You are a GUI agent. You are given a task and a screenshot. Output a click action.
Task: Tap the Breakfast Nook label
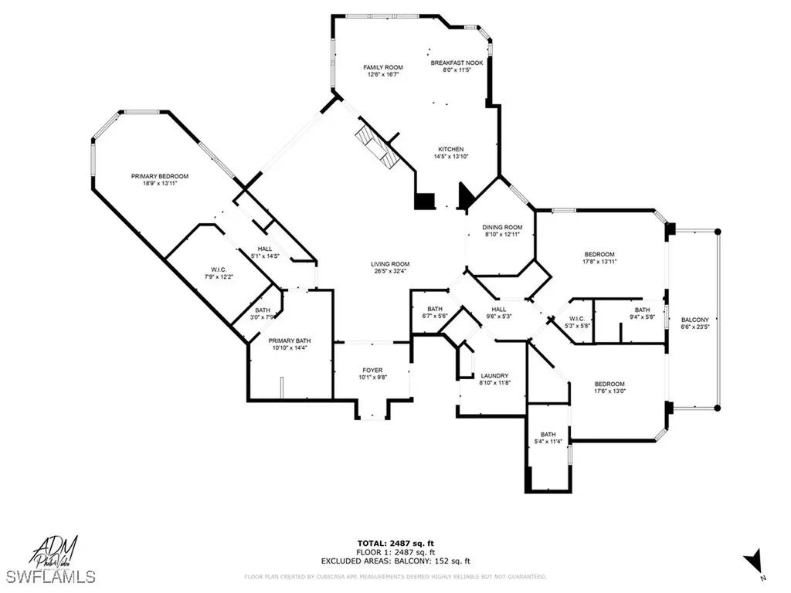point(457,63)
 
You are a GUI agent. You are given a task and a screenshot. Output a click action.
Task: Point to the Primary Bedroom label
point(159,176)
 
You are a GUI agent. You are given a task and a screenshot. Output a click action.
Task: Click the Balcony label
point(694,320)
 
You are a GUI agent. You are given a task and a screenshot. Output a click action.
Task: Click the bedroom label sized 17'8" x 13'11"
point(599,255)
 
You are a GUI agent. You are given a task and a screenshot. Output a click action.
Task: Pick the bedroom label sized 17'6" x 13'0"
point(609,384)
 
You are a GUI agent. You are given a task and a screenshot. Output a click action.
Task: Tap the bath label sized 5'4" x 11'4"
point(548,434)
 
